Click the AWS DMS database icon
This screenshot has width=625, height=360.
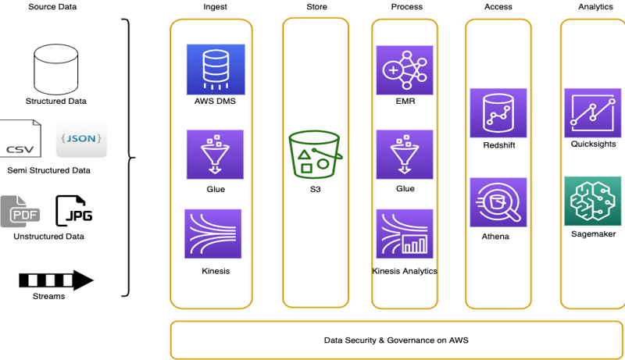click(x=216, y=70)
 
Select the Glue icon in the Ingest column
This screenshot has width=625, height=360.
click(x=215, y=155)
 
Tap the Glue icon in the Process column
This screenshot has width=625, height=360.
click(x=405, y=155)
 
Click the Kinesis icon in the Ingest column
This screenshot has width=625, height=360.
click(x=212, y=233)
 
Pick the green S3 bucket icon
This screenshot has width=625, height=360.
click(x=315, y=154)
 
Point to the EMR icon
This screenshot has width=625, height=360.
click(x=405, y=70)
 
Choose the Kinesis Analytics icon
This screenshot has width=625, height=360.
click(x=405, y=233)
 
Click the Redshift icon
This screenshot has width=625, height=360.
click(x=498, y=113)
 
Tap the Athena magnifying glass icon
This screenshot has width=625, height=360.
click(x=498, y=202)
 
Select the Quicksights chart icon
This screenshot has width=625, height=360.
click(x=593, y=113)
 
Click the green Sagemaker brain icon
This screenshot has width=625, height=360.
click(x=593, y=201)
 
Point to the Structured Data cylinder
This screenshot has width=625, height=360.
click(x=55, y=70)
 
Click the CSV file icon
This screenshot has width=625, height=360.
click(x=20, y=138)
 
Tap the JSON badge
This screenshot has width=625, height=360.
click(x=81, y=139)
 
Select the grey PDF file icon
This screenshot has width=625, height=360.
click(x=20, y=212)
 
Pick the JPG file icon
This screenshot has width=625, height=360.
click(x=74, y=211)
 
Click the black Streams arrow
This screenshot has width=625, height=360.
click(x=56, y=280)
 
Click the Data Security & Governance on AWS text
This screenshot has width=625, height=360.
click(x=396, y=340)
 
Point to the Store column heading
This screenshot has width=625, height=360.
click(x=316, y=7)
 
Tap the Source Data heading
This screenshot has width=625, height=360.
click(x=52, y=7)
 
